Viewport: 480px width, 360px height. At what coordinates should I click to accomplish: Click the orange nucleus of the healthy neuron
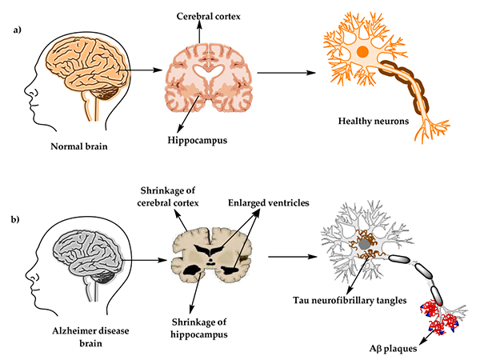[362, 52]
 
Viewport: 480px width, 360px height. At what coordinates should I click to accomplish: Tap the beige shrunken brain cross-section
[210, 258]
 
